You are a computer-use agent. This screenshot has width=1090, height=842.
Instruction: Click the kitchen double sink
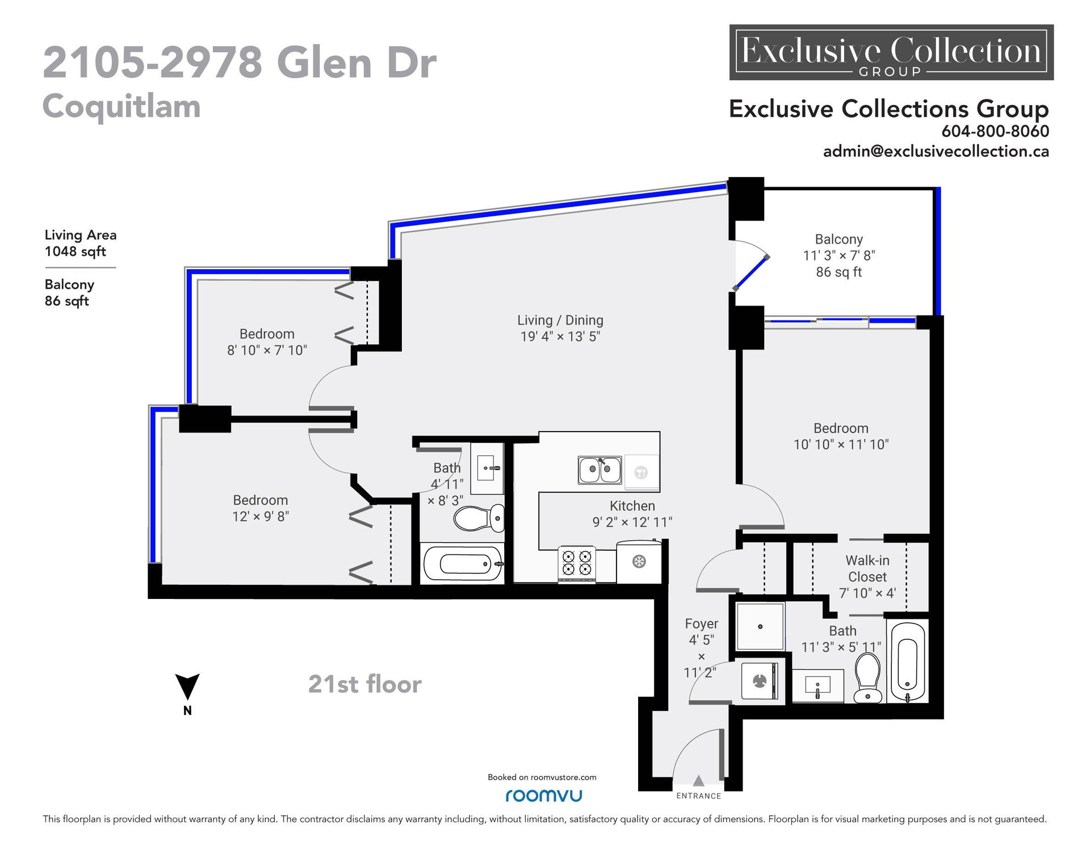[x=599, y=470]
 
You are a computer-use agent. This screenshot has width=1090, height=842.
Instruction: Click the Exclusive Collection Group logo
[x=891, y=52]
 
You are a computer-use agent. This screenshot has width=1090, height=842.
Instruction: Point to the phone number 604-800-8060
[x=995, y=131]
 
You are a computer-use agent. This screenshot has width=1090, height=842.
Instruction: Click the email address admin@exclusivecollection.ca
[x=936, y=151]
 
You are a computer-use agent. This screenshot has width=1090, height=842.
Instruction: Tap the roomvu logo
[x=543, y=795]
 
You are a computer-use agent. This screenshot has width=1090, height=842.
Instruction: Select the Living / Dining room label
[x=560, y=320]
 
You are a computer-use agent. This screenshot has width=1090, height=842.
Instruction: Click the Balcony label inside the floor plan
[x=839, y=239]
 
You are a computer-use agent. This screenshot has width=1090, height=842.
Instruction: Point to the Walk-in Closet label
[x=867, y=568]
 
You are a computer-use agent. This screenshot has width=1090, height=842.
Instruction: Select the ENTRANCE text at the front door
[x=699, y=796]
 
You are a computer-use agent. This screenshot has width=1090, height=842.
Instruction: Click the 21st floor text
[x=365, y=684]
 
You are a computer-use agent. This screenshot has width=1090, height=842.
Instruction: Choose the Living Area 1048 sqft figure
[x=81, y=243]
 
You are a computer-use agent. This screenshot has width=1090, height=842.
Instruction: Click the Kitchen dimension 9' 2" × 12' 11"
[x=632, y=522]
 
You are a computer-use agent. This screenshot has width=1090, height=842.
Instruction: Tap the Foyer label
[x=702, y=623]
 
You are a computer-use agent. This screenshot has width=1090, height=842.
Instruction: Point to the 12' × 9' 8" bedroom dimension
[x=261, y=516]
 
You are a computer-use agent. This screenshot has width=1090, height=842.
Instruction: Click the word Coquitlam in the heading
[x=121, y=106]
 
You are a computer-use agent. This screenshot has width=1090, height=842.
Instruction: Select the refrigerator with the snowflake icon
[x=639, y=562]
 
